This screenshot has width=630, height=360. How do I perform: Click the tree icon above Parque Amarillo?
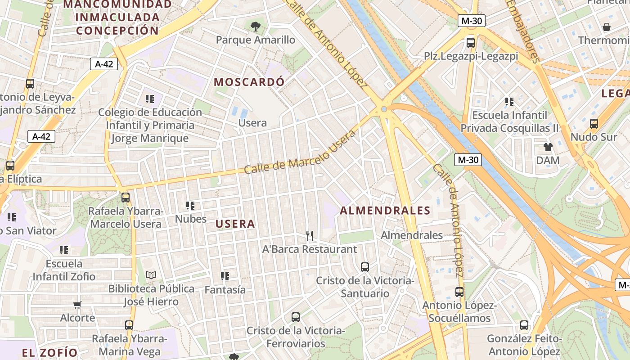[256, 27]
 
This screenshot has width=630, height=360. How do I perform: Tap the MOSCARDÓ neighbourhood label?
[249, 82]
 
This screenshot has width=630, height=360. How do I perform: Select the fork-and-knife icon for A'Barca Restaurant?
[309, 235]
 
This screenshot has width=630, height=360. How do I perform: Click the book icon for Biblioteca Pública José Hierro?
[151, 275]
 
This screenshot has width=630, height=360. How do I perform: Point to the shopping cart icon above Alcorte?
[77, 305]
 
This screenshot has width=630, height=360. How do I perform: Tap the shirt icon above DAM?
[548, 147]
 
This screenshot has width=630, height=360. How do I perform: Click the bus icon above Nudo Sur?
[594, 123]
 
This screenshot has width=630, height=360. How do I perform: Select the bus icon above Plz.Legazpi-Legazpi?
[471, 43]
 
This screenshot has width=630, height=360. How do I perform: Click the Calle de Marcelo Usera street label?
[300, 152]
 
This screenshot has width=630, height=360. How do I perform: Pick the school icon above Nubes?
[190, 206]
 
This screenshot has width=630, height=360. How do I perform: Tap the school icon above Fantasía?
[225, 276]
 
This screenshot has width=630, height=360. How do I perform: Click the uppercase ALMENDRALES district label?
[385, 210]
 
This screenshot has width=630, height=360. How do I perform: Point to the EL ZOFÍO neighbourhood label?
[50, 352]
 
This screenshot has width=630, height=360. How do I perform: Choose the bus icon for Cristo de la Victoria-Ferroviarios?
[296, 317]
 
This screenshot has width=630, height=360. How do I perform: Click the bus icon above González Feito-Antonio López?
[524, 325]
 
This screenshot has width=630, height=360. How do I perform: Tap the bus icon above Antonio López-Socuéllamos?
[459, 292]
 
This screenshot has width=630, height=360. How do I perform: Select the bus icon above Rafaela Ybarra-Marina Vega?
[129, 325]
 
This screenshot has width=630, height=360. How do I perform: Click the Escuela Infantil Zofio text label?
[64, 270]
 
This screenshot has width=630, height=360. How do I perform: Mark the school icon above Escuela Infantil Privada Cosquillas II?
[509, 102]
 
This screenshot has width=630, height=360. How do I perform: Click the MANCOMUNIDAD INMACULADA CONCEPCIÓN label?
[117, 18]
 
